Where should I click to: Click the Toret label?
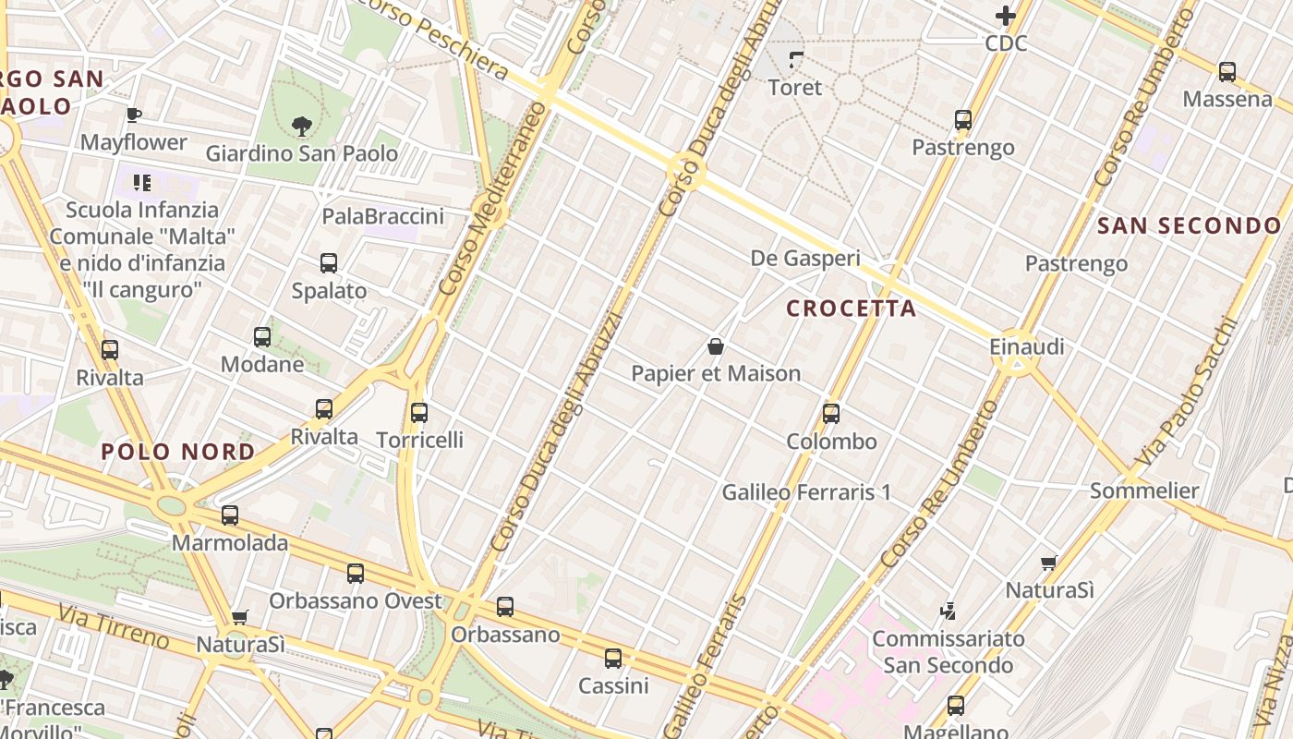[794, 88]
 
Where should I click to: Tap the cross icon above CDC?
[1006, 16]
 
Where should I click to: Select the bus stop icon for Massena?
[1227, 71]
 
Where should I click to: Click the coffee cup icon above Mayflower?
[134, 115]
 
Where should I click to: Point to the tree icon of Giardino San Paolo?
[301, 126]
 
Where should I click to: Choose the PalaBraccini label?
[382, 216]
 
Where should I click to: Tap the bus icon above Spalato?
[329, 263]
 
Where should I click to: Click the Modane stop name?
[262, 364]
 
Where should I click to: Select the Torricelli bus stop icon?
[419, 413]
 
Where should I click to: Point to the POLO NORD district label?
[178, 452]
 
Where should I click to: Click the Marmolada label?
[230, 543]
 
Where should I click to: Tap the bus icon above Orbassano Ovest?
[356, 574]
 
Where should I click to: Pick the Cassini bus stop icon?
[613, 659]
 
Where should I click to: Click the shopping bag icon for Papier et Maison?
[715, 347]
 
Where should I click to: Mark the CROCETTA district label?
[851, 309]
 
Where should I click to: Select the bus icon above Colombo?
[831, 414]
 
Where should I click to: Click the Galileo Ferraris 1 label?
[806, 492]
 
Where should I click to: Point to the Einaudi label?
[1026, 347]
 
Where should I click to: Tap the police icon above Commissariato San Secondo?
[948, 611]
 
